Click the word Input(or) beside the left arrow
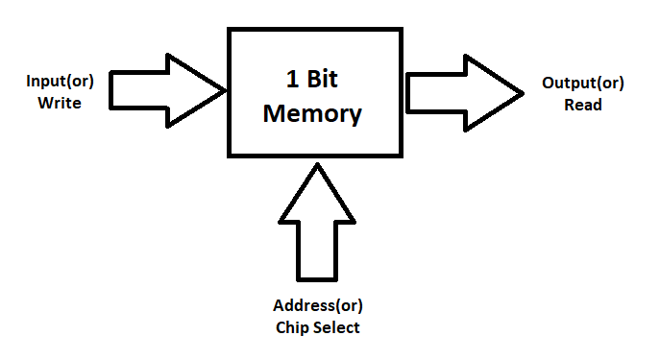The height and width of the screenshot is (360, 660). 60,82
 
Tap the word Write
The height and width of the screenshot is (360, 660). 60,103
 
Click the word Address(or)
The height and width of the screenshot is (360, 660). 318,306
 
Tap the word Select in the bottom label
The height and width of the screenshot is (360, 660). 337,327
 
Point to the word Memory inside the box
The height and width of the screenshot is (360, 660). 312,114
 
